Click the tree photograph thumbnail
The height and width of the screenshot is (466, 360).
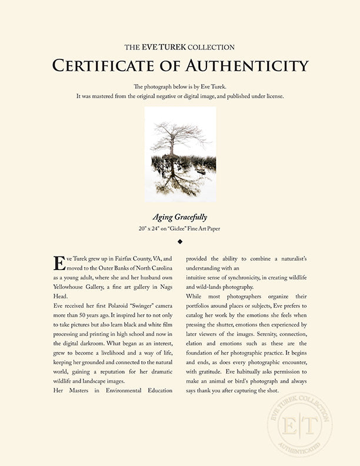point(180,154)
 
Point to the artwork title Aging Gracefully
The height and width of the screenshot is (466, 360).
point(180,217)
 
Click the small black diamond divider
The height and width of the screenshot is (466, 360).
point(180,241)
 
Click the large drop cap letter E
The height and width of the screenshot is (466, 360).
point(58,262)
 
